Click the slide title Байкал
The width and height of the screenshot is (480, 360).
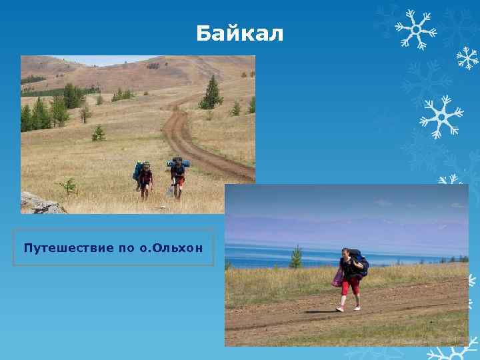pos(240,33)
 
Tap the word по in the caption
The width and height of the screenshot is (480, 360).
pos(125,248)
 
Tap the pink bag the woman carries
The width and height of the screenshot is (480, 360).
pos(338,277)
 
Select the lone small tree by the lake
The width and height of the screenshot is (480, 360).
pos(296,257)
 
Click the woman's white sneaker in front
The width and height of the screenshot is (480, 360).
pos(340,309)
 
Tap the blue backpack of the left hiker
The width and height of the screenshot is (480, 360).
pos(139,170)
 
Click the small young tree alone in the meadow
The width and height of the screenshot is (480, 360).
pos(99,133)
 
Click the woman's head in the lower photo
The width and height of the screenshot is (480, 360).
pos(345,253)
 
